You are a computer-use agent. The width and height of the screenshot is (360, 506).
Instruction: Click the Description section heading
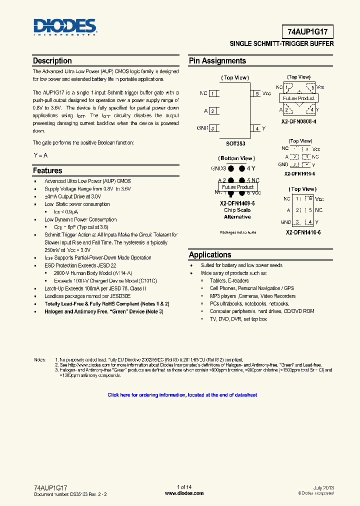tap(52, 61)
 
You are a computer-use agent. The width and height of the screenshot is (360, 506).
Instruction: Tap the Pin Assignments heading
tap(217, 61)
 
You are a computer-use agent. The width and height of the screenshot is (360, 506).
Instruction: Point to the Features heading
tap(47, 171)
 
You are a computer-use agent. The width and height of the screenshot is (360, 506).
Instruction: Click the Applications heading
tap(210, 255)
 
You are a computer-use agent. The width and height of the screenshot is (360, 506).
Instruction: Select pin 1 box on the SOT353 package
tap(213, 93)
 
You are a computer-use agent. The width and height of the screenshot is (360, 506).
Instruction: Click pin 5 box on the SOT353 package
tap(256, 93)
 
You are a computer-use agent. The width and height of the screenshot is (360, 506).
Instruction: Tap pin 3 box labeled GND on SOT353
tap(213, 128)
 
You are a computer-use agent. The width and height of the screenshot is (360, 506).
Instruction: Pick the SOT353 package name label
tap(235, 143)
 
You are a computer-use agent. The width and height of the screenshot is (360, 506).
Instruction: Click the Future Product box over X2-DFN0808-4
tap(299, 98)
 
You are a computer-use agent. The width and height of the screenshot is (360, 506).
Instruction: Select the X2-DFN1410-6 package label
tap(303, 232)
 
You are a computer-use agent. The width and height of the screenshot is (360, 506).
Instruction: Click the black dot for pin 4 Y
tap(242, 168)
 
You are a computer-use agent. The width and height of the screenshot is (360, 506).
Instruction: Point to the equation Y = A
tap(40, 155)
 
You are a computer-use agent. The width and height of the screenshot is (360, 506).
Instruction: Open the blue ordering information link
tap(182, 395)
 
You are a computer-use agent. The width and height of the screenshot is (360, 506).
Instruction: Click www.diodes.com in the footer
tap(184, 493)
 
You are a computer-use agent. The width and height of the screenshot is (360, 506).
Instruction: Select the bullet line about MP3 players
tap(252, 296)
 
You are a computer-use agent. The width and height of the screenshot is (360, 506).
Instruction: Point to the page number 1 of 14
tap(184, 487)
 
